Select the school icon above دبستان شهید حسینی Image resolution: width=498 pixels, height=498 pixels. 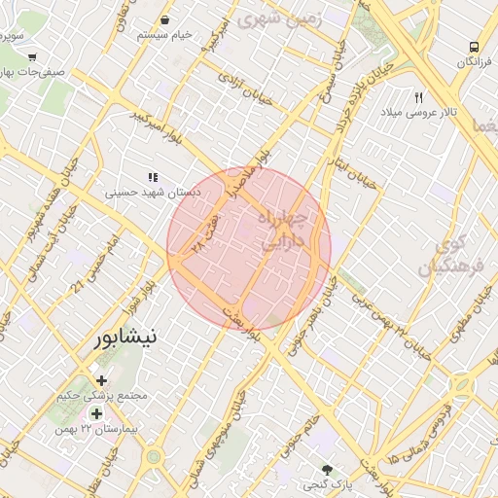pos(152,177)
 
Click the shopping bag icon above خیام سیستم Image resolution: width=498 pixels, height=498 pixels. pos(163,19)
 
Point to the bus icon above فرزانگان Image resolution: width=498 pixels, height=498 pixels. pos(474,46)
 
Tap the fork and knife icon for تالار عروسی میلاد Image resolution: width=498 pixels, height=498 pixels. pos(419,98)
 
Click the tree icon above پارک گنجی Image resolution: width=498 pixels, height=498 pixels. pos(327,469)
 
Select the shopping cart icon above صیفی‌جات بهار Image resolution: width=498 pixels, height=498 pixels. pos(32,57)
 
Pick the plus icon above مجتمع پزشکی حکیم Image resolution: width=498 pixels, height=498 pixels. pos(101,380)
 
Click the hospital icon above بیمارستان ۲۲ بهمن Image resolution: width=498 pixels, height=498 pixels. pos(96,413)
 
